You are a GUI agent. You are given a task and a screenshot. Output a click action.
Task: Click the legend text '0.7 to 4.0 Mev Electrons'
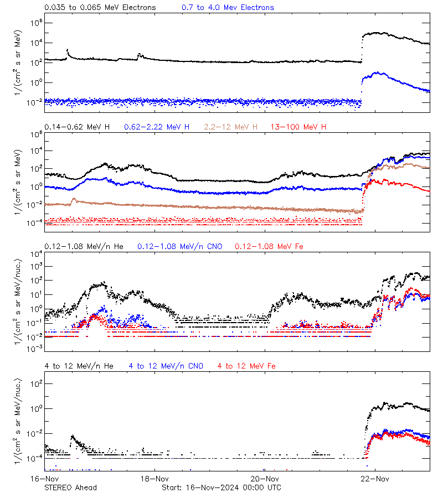click(x=228, y=8)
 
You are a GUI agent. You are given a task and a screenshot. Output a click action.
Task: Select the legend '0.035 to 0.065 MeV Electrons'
click(x=100, y=8)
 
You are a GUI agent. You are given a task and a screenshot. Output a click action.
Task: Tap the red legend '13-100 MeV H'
click(x=298, y=127)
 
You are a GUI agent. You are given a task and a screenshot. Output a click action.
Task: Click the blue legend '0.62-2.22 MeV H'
click(x=157, y=127)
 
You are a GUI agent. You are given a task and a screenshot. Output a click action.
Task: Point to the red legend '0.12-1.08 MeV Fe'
click(x=269, y=246)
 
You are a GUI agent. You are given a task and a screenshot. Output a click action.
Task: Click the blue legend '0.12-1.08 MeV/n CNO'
click(x=180, y=246)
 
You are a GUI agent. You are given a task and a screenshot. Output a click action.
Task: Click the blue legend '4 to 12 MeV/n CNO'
click(x=166, y=366)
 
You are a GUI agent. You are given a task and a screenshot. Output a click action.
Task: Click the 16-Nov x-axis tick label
click(x=44, y=479)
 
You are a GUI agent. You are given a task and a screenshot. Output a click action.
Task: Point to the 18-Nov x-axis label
click(x=154, y=479)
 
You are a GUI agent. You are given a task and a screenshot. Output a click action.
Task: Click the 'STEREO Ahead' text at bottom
click(x=70, y=487)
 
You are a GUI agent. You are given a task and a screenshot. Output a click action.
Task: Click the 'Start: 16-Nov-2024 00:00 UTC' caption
click(x=221, y=487)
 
